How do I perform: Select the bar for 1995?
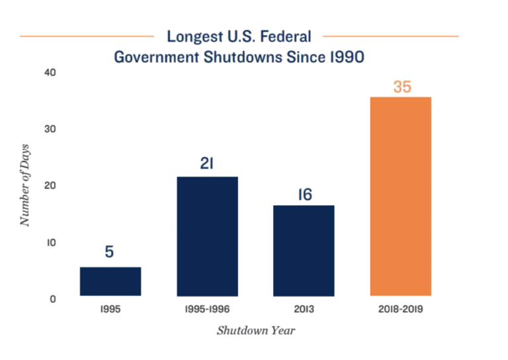pyautogui.click(x=110, y=281)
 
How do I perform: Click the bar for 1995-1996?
pyautogui.click(x=207, y=236)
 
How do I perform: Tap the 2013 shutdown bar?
pyautogui.click(x=304, y=251)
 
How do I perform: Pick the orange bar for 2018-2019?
pyautogui.click(x=401, y=197)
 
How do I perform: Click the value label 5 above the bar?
pyautogui.click(x=110, y=252)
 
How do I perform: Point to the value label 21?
pyautogui.click(x=207, y=163)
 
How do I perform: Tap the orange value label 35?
pyautogui.click(x=402, y=86)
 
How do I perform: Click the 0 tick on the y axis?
pyautogui.click(x=52, y=299)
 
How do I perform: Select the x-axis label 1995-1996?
pyautogui.click(x=207, y=309)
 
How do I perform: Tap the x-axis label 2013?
pyautogui.click(x=304, y=309)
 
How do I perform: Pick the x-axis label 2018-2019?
pyautogui.click(x=401, y=309)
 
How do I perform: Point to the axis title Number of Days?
pyautogui.click(x=25, y=185)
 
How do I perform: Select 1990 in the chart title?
pyautogui.click(x=344, y=57)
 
